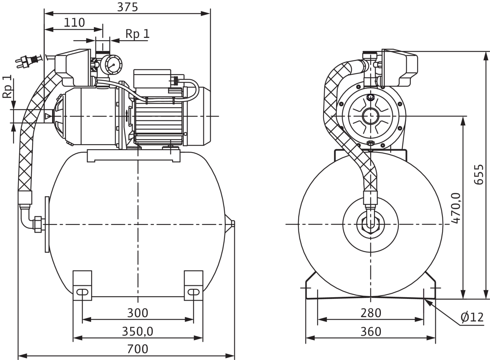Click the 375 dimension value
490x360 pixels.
(127, 7)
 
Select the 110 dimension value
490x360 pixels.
(74, 23)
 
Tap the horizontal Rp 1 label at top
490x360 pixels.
(137, 34)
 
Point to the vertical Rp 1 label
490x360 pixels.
(7, 86)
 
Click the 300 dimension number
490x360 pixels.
(137, 313)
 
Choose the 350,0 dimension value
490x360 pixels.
(137, 332)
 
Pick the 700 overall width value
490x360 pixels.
(137, 349)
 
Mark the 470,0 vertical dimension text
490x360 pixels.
(456, 208)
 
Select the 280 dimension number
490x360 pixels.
(371, 313)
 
